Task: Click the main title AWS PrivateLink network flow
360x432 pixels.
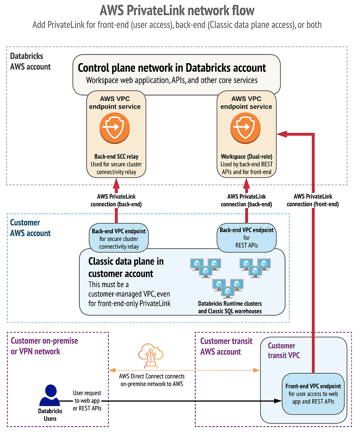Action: (x=180, y=10)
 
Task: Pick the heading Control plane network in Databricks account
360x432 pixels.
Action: (x=172, y=68)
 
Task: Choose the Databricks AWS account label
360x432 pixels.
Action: (x=31, y=62)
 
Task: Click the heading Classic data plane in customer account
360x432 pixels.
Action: (x=126, y=267)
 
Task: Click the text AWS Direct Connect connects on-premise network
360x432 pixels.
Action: (x=152, y=380)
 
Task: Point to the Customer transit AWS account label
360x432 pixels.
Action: (x=226, y=346)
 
